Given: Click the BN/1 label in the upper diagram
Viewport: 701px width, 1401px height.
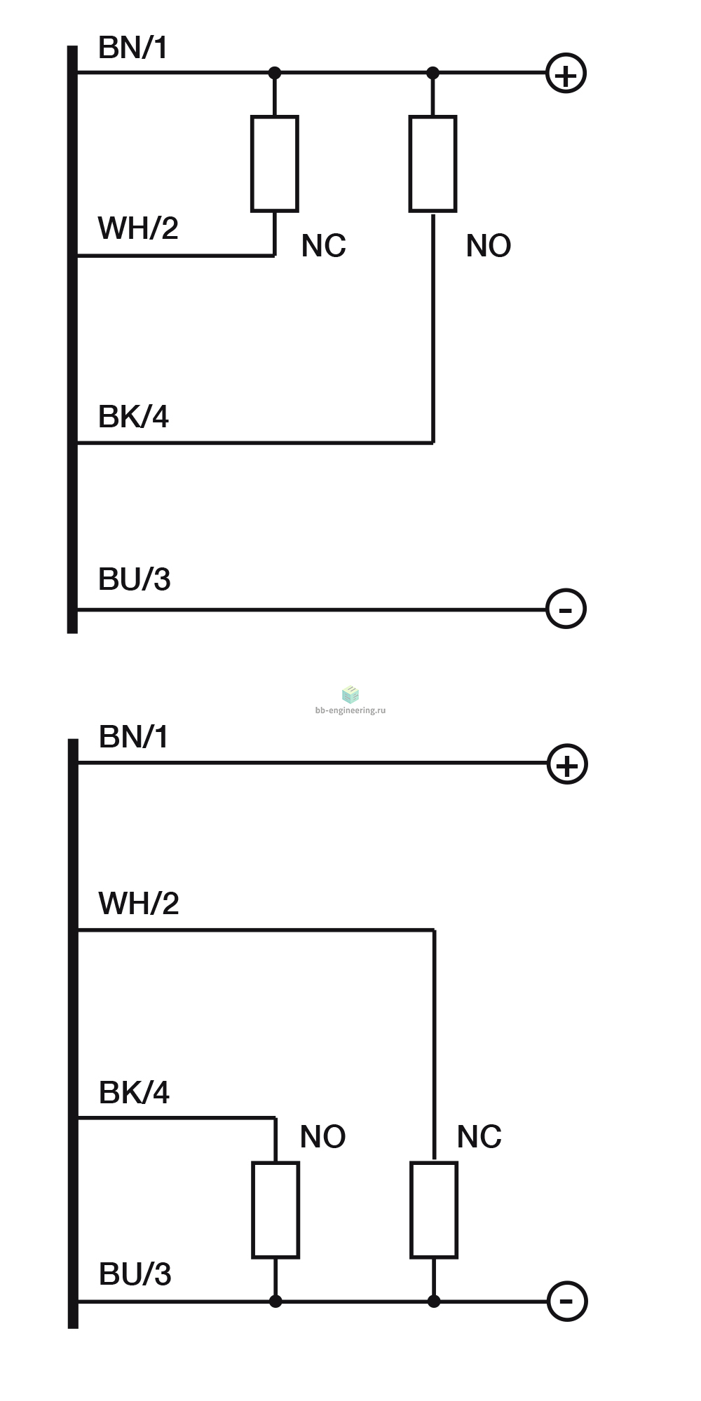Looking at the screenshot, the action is [133, 48].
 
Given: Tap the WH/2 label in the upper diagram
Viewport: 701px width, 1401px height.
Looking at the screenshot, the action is [138, 228].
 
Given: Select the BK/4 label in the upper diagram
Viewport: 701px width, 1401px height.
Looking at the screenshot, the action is [133, 417].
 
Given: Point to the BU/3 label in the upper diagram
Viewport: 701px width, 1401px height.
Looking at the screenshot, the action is [135, 579].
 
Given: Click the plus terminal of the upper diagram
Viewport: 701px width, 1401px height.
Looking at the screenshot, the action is [566, 74].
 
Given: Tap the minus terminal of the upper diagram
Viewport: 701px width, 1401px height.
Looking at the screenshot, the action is [566, 609].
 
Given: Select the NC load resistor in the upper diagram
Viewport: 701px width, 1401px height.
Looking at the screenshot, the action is [275, 164].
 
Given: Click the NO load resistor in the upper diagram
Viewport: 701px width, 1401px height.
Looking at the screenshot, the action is [433, 164].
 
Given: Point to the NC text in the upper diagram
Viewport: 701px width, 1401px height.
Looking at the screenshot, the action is [324, 246].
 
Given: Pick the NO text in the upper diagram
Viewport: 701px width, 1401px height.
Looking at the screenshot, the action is [489, 246].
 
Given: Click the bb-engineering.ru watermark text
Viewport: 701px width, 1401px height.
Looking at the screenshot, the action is [350, 710].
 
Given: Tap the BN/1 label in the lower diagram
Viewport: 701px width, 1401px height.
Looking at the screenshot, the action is [134, 737].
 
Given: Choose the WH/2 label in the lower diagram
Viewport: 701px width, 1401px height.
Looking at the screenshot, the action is [139, 904].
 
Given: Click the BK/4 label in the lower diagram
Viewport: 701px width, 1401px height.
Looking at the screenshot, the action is [134, 1093].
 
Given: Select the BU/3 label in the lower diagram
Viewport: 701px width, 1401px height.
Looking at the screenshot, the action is [135, 1274].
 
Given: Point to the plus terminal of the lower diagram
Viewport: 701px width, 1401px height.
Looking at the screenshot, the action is [567, 764].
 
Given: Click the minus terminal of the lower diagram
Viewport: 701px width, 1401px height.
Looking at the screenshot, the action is [567, 1302].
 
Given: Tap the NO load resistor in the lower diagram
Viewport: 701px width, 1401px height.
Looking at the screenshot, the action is [275, 1210].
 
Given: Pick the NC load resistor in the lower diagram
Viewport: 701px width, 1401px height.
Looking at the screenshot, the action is [434, 1210].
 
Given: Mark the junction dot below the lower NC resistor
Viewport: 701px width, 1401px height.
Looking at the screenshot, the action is [434, 1302].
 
